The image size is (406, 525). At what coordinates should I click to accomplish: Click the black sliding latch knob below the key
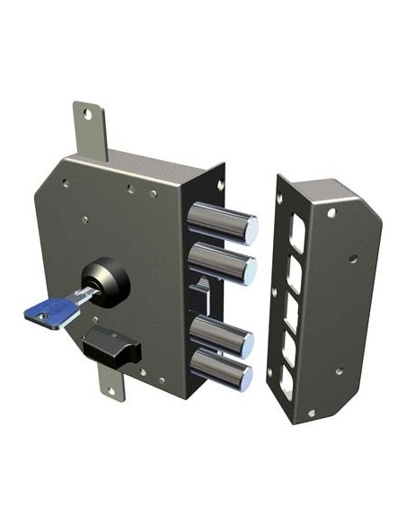pyautogui.click(x=109, y=342)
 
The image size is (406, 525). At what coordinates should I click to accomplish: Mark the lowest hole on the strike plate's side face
pyautogui.click(x=340, y=370)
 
